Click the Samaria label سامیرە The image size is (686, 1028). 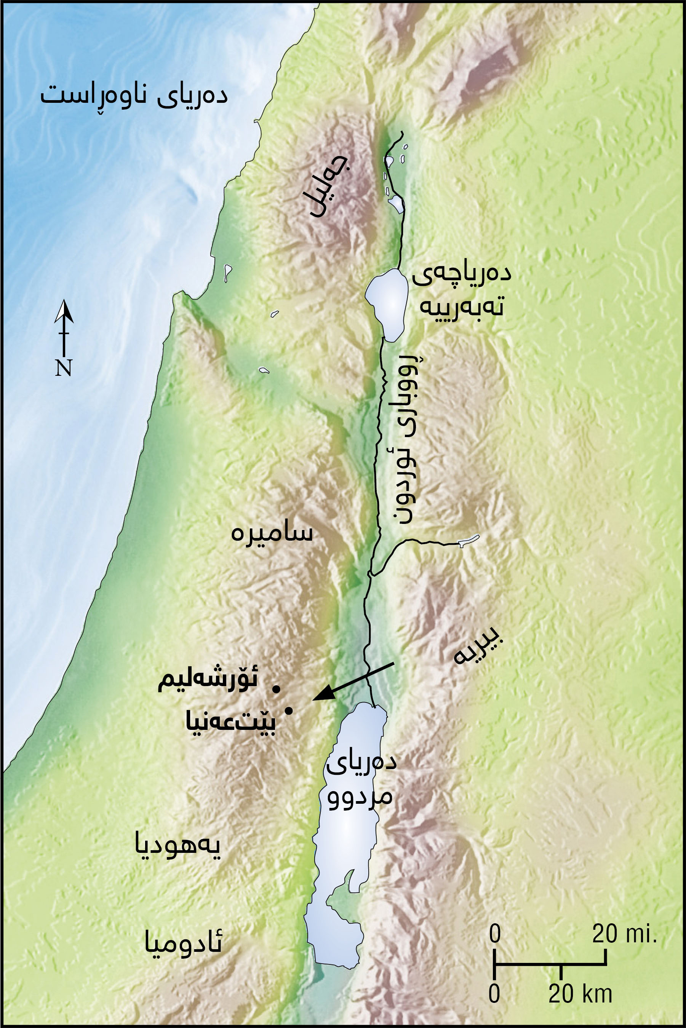[272, 533]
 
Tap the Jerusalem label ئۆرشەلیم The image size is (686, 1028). [208, 681]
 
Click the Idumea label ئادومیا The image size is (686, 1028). [183, 943]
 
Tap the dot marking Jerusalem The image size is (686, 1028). [276, 689]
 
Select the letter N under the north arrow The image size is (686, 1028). [64, 368]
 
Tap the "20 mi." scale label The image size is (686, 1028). [624, 934]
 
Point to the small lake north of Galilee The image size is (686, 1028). [397, 203]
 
